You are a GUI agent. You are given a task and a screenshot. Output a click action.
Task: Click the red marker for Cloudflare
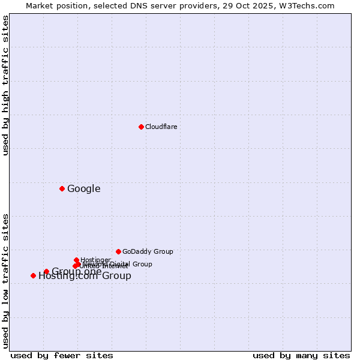point(141,127)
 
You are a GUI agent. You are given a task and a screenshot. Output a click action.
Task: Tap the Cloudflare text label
point(161,127)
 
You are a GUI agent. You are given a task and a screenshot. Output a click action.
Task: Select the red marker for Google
point(62,188)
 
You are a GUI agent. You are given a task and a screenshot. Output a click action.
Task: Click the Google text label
point(83,189)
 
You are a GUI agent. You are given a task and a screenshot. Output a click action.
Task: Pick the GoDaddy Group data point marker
point(118,251)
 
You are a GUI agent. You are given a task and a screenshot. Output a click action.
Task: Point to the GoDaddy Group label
point(148,252)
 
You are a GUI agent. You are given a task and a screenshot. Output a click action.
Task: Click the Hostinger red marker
point(76,260)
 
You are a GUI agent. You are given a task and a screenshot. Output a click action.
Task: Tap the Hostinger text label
point(95,260)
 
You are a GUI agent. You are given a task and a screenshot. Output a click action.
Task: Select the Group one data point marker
point(46,271)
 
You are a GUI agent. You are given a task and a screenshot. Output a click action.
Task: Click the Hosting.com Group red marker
point(33,275)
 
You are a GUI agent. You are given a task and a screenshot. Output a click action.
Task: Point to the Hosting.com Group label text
point(85,277)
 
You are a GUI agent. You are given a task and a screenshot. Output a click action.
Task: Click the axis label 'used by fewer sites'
point(62,355)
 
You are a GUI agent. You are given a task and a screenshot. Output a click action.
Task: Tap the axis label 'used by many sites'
point(301,355)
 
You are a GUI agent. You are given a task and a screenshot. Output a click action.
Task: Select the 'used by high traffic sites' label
point(6,85)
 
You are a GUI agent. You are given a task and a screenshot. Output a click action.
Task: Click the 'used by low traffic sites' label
point(6,280)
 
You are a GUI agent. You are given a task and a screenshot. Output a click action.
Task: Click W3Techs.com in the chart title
point(310,5)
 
